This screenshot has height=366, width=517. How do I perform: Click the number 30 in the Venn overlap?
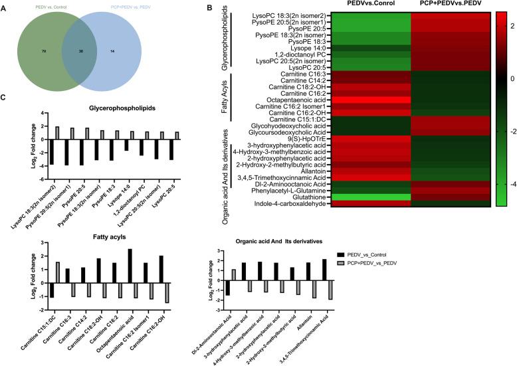coord(81,50)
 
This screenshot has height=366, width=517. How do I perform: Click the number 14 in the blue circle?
coord(113,50)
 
